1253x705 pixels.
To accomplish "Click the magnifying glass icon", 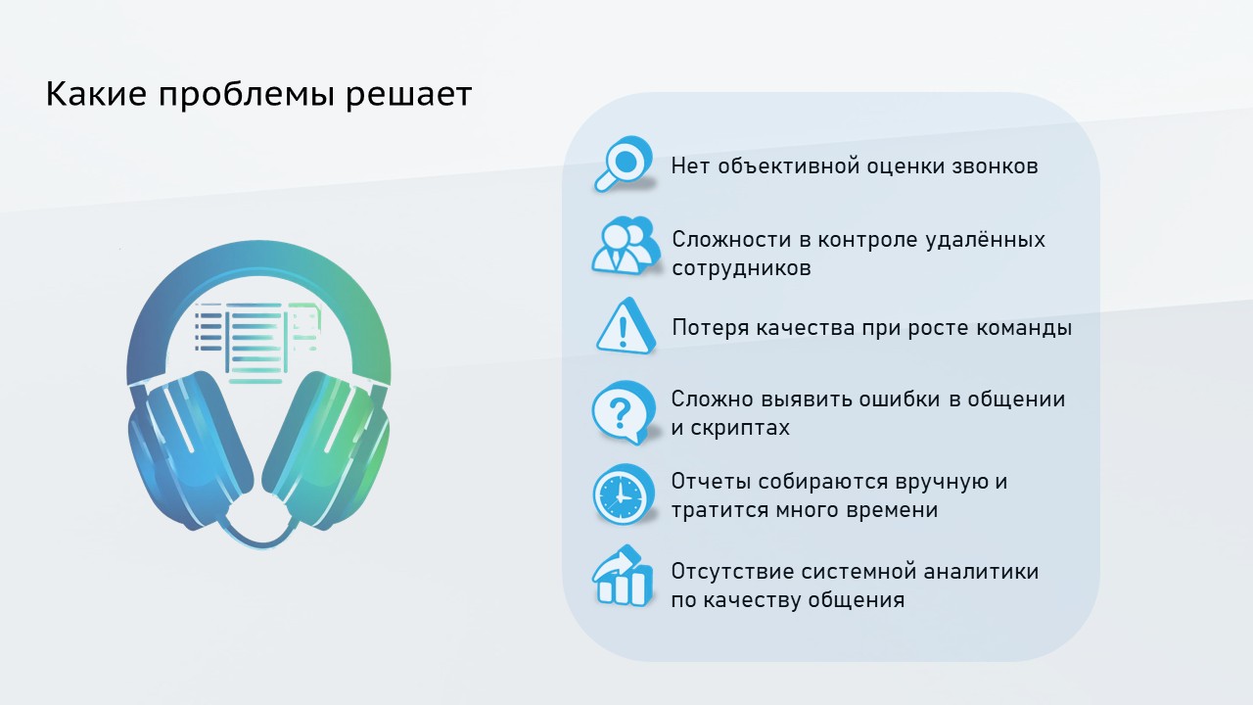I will click(x=624, y=164).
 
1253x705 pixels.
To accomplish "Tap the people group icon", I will click(x=624, y=245).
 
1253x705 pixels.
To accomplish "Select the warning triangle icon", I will click(x=625, y=326).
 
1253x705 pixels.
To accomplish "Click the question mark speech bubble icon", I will click(x=623, y=411).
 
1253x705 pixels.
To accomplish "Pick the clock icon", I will click(x=623, y=494).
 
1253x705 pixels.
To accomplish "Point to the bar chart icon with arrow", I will click(x=623, y=578).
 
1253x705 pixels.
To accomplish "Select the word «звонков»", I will click(x=995, y=166).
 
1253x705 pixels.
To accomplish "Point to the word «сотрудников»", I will click(x=741, y=268).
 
